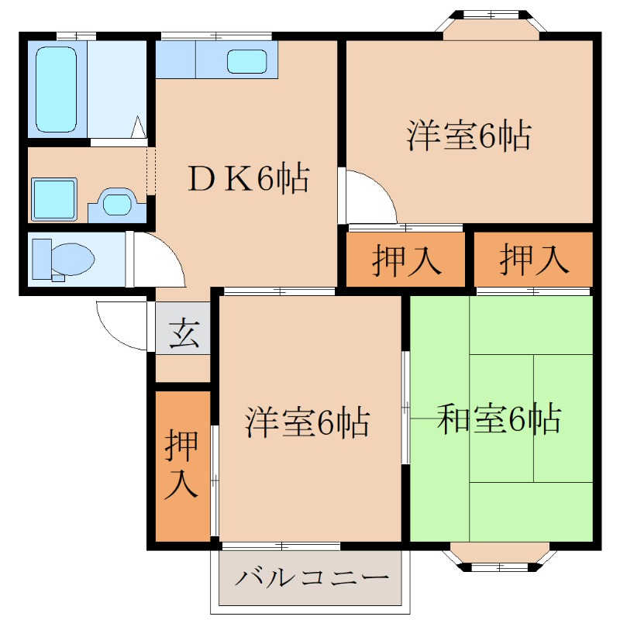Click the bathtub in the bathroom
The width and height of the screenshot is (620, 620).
(57, 89)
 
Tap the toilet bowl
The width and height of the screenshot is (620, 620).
(71, 259)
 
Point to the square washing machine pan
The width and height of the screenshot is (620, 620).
(54, 199)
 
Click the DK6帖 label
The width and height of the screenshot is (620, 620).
(246, 180)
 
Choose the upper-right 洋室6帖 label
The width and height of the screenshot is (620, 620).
(468, 136)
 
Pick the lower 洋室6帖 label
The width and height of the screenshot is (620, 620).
(307, 422)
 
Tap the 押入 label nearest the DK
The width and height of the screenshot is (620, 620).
(405, 260)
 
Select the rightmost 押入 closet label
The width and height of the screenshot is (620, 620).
(533, 260)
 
